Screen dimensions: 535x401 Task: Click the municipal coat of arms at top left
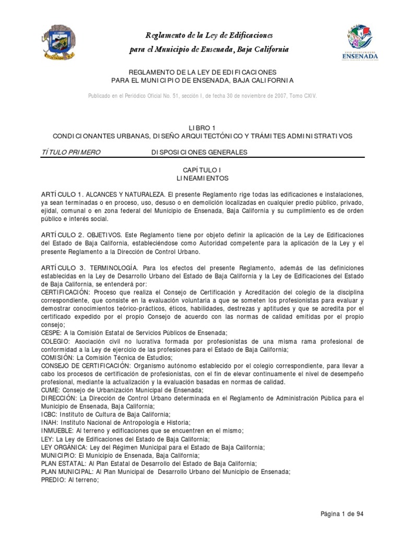[58, 43]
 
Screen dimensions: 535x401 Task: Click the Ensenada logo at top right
[361, 42]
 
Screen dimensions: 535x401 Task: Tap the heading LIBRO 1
[201, 127]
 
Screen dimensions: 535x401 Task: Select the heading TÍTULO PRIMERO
[70, 152]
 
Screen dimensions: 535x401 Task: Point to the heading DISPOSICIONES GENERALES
[199, 152]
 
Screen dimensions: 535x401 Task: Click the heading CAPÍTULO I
[201, 170]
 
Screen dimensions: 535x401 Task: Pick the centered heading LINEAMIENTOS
[201, 178]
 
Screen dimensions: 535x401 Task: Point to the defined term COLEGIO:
[55, 342]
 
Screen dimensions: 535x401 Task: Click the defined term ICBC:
[50, 415]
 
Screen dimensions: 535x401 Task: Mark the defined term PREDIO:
[54, 480]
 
